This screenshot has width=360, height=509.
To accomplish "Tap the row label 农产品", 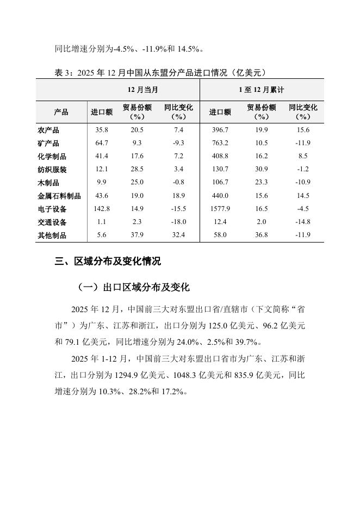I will [x=49, y=131].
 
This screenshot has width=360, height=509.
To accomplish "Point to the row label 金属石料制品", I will [x=59, y=196].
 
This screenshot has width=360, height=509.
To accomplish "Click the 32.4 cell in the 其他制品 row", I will [x=178, y=235].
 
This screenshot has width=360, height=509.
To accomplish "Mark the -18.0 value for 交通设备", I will [x=178, y=222].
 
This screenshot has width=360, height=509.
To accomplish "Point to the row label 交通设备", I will [x=53, y=222].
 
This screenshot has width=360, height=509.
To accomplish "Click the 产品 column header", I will [x=61, y=112].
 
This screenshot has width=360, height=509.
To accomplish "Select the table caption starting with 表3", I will [x=160, y=72].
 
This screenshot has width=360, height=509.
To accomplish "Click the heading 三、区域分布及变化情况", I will [x=108, y=262].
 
